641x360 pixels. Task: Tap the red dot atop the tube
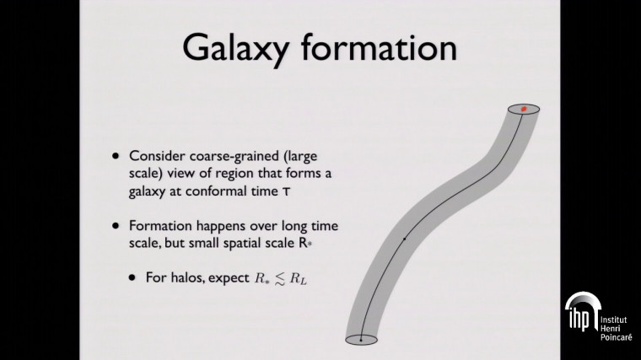524,110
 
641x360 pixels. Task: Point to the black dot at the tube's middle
406,239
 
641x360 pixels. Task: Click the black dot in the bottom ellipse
361,339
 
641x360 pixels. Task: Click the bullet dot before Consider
116,158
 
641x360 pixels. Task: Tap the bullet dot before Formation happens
116,227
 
